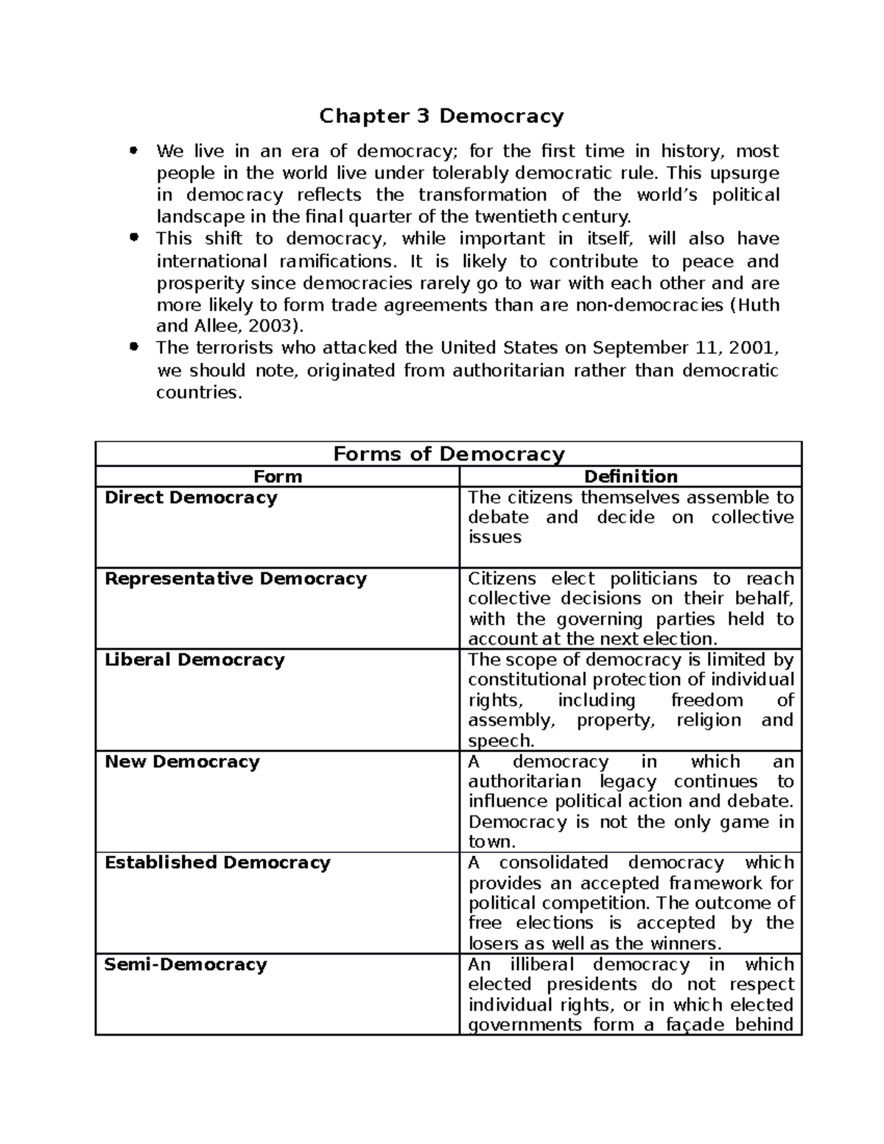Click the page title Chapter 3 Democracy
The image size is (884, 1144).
click(x=441, y=116)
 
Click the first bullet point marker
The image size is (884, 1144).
click(x=133, y=151)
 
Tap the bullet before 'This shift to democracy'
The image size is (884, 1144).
click(x=133, y=238)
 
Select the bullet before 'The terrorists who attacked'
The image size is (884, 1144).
click(x=133, y=347)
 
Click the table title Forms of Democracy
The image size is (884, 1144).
click(x=449, y=454)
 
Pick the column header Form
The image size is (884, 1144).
click(x=277, y=477)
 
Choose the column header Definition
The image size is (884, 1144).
click(x=631, y=477)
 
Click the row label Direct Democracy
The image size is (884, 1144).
click(x=191, y=497)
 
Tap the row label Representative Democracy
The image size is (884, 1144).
click(x=235, y=578)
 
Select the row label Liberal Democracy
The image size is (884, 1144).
click(x=194, y=659)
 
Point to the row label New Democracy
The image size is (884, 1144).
click(x=182, y=761)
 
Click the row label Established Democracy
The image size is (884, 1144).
click(x=217, y=862)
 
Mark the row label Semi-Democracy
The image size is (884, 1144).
click(x=186, y=964)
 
